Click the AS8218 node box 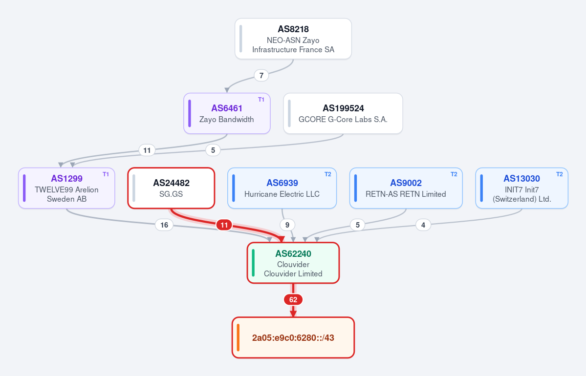(293, 39)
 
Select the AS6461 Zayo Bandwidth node (227, 113)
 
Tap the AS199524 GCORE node (343, 113)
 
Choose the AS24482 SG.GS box (171, 188)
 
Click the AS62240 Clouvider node (293, 263)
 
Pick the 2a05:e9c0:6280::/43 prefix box (293, 337)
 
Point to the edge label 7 (261, 75)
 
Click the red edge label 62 (293, 299)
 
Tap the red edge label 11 (224, 225)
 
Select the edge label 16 (164, 225)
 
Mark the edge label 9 (287, 225)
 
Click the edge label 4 (423, 225)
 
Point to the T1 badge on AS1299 (106, 174)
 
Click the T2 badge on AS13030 (559, 174)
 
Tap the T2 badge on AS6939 (327, 174)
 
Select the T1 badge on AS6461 (261, 100)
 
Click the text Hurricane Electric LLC (282, 194)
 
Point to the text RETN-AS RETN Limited (406, 194)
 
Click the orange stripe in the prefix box (238, 337)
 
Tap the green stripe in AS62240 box (253, 263)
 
